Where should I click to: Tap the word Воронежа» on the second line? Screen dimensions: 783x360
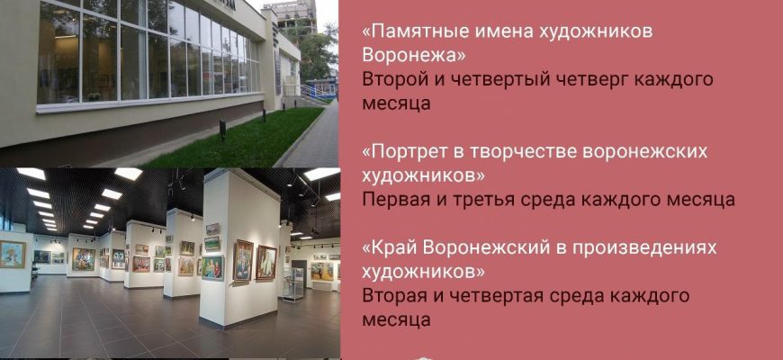click(414, 56)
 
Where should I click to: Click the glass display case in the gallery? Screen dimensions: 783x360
click(293, 284)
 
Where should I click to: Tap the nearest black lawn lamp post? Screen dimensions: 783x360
click(222, 130)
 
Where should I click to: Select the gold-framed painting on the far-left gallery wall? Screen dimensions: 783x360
click(12, 254)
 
